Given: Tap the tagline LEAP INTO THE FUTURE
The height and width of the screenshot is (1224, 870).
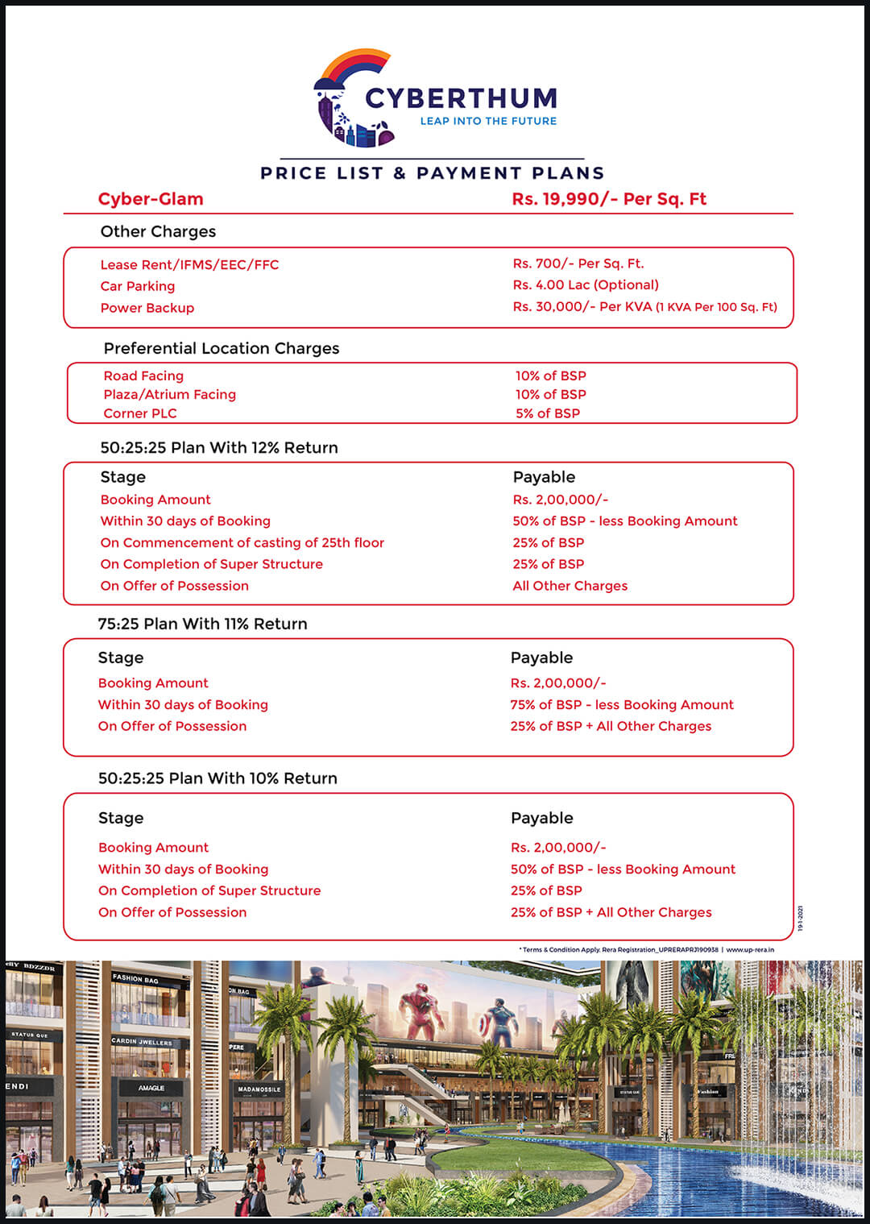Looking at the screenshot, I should [488, 121].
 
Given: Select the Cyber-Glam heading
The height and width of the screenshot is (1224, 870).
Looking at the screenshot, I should [151, 199].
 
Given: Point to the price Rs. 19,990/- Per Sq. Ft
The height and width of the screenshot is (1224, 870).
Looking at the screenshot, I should [609, 199].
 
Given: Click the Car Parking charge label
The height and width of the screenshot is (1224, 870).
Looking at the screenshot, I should [138, 286].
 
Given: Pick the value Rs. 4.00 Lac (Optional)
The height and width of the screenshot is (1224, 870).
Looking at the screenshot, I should [586, 284].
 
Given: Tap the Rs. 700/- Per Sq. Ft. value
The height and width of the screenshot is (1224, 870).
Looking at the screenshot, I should [578, 263].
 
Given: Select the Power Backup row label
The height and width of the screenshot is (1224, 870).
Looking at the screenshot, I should [147, 308].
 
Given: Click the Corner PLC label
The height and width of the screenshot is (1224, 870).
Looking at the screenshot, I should [140, 413].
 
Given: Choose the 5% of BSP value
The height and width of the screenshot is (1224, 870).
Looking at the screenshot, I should [548, 413].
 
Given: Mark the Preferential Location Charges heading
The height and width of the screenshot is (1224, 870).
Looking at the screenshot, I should [222, 348].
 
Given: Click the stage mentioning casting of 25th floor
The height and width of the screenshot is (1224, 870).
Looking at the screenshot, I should [242, 543].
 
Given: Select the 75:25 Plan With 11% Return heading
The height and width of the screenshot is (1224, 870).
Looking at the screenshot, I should [203, 624].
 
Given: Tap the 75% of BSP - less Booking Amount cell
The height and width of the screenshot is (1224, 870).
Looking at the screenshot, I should [622, 705].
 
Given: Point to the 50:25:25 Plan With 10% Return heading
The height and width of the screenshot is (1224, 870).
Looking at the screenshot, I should [217, 778].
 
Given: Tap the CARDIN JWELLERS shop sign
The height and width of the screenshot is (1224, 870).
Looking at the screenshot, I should [142, 1042].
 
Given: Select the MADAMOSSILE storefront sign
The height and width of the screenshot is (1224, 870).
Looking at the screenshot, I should [259, 1089].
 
